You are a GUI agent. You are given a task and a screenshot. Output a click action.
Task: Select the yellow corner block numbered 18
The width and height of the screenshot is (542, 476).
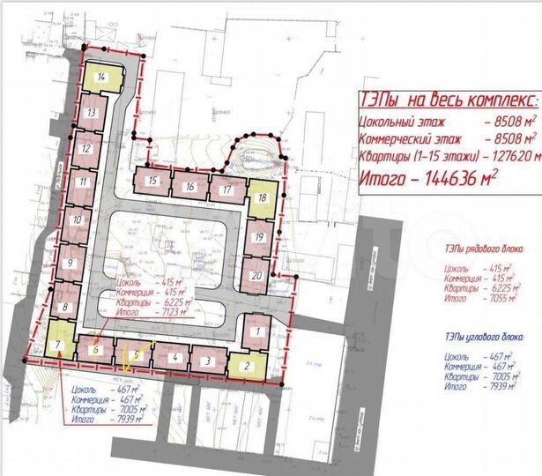263,198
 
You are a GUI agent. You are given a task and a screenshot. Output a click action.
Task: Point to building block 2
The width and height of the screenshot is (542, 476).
247,364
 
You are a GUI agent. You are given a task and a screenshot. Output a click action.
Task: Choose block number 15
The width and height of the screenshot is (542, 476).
153,182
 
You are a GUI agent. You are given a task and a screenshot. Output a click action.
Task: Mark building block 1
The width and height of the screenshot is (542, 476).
257,332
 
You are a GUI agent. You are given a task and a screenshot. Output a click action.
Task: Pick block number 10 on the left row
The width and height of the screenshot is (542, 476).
78,220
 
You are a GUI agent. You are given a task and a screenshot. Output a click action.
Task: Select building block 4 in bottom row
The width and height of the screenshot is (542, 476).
175,358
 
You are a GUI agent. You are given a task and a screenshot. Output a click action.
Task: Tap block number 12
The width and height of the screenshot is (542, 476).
85,149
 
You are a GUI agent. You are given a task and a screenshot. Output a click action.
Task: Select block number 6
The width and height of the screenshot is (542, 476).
94,349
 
